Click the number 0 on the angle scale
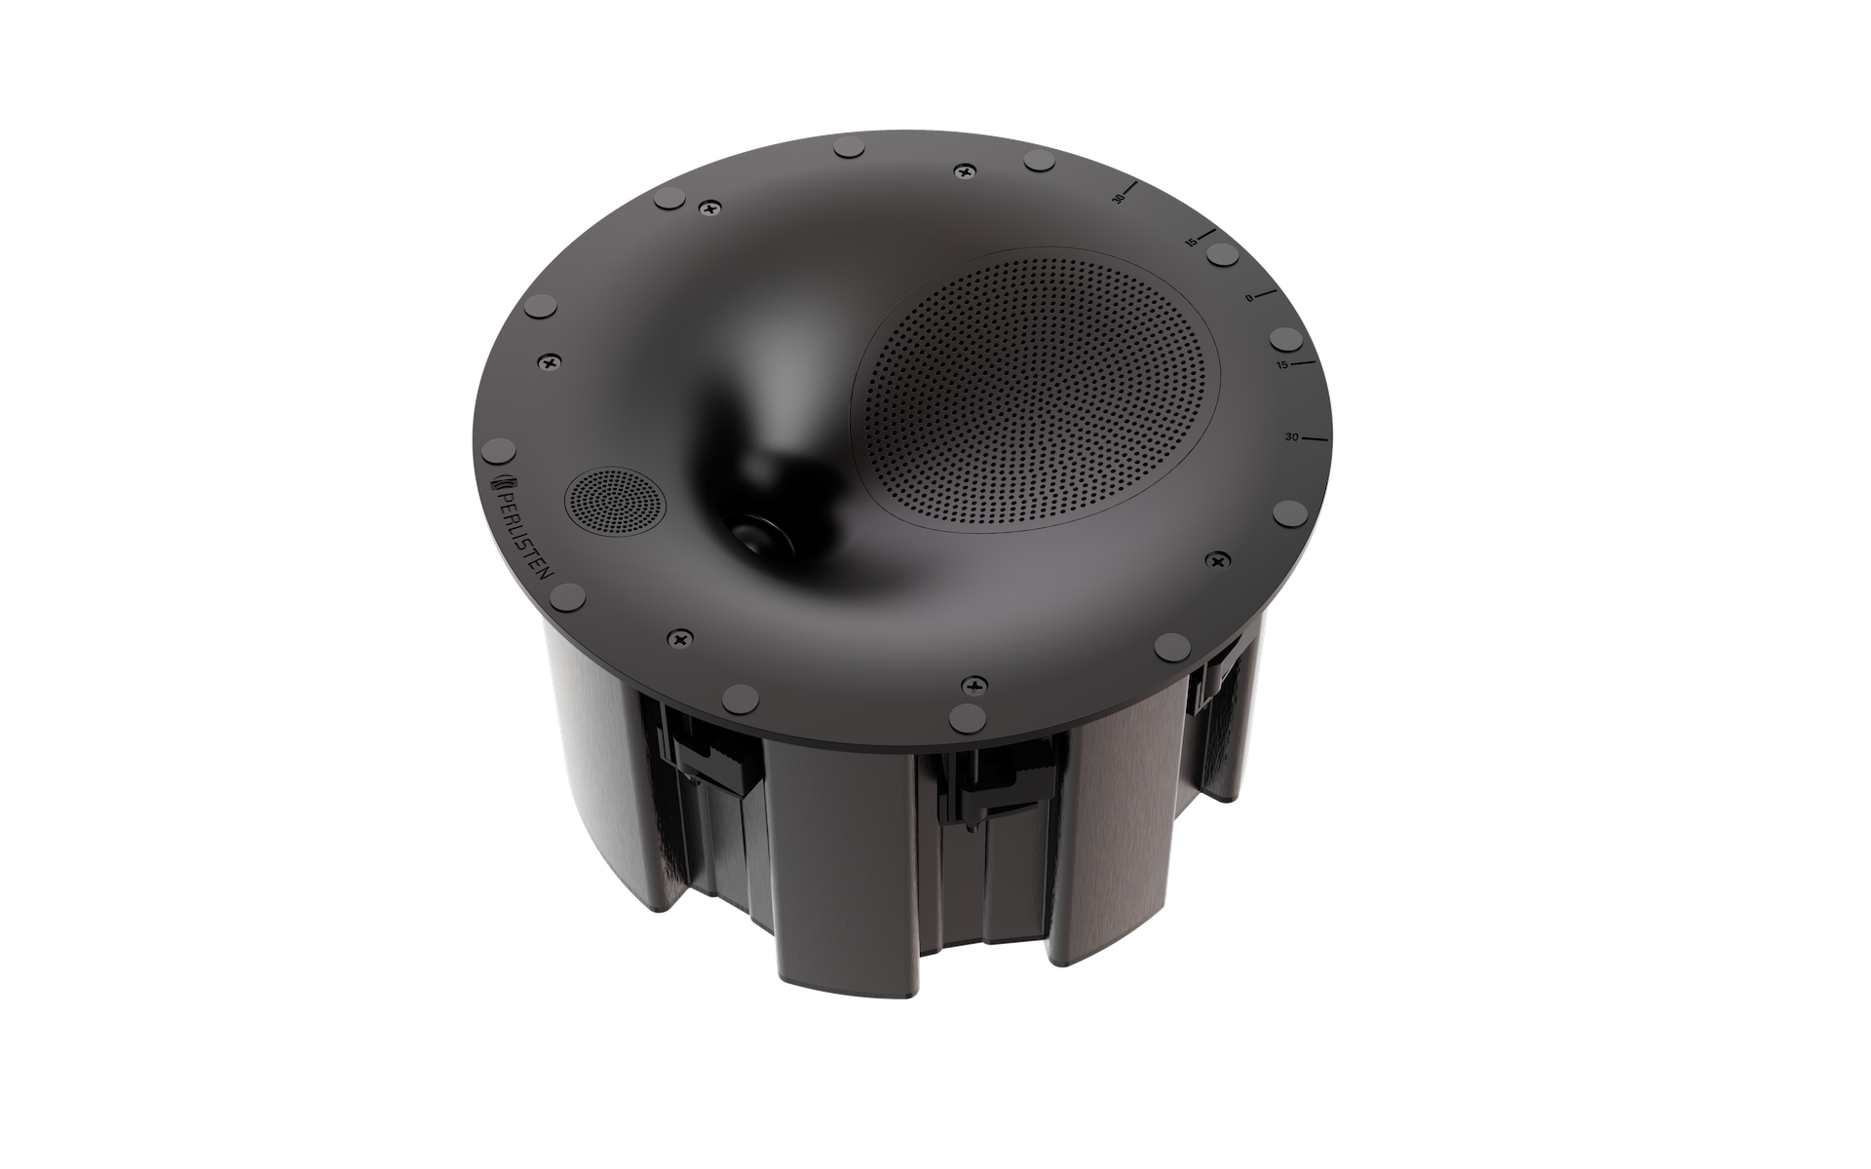click(x=1249, y=298)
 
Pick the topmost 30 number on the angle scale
click(x=1119, y=199)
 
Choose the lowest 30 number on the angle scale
click(x=1291, y=437)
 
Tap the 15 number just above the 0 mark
click(x=1191, y=243)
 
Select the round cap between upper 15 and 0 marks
click(x=1221, y=255)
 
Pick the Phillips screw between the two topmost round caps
click(x=965, y=170)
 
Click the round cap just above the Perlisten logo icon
click(x=499, y=450)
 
